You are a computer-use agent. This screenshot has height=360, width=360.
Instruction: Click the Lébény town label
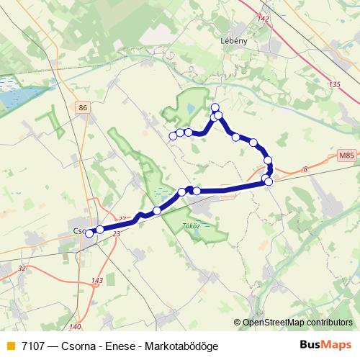[234, 41]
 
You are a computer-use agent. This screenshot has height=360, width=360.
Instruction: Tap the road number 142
[263, 19]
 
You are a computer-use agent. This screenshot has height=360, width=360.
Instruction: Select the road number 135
[333, 85]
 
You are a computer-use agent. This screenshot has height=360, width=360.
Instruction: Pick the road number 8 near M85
[305, 169]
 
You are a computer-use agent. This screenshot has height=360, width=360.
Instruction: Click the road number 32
[22, 268]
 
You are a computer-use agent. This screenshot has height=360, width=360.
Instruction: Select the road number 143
[97, 281]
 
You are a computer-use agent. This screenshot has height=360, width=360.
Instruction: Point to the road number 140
[76, 326]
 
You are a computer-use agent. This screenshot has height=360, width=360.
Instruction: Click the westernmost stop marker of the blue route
[89, 233]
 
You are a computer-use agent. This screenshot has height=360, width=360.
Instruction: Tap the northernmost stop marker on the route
[215, 108]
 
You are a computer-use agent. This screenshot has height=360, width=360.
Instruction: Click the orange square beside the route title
[10, 346]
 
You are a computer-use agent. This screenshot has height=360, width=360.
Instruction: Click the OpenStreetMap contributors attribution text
[297, 323]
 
